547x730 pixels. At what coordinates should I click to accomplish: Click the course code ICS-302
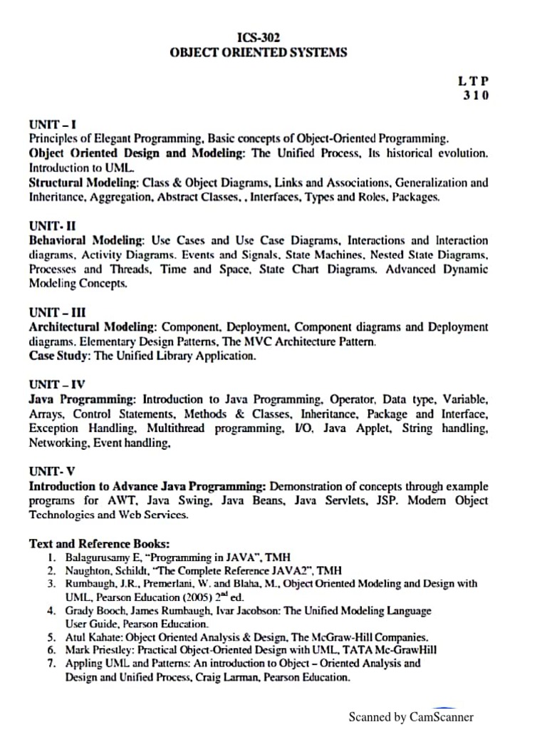click(258, 37)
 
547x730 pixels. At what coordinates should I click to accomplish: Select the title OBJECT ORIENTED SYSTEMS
click(258, 52)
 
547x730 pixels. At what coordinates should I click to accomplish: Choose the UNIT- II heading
click(53, 227)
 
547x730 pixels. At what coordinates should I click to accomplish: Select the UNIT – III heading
click(56, 313)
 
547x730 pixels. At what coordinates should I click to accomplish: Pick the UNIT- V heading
click(52, 472)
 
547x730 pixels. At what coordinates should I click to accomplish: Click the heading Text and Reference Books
click(99, 543)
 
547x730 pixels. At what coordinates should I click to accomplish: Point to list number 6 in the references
click(51, 649)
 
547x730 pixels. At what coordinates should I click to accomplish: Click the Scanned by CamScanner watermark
click(410, 717)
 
